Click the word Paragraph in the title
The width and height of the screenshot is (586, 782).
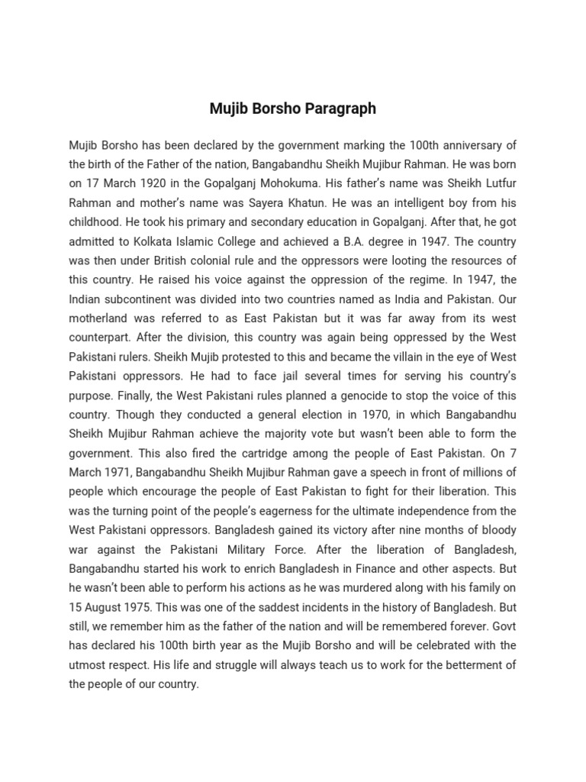[x=340, y=108]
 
